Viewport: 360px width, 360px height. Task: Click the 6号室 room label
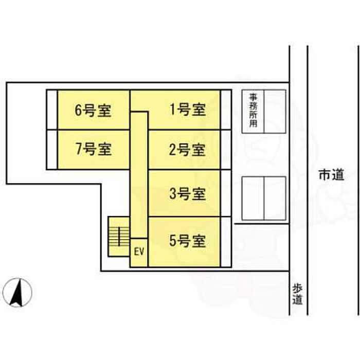(x=93, y=111)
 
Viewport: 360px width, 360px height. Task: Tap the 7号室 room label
(x=94, y=149)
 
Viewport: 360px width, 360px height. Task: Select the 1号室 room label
(x=188, y=109)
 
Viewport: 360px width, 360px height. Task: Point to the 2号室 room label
(x=187, y=150)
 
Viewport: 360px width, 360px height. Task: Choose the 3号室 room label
(x=187, y=194)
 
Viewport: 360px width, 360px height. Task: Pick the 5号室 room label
(x=187, y=241)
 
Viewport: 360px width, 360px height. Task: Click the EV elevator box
(x=139, y=253)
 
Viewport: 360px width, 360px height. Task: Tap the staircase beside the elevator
(x=119, y=236)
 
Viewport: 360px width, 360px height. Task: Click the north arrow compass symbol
(x=17, y=293)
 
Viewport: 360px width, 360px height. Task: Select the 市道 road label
(x=331, y=175)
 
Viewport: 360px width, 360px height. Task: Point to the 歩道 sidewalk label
(x=297, y=295)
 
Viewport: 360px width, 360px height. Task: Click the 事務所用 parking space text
(x=253, y=111)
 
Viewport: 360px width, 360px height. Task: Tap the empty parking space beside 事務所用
(x=275, y=112)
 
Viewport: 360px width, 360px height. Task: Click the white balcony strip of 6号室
(x=52, y=110)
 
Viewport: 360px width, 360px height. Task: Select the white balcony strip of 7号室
(x=52, y=150)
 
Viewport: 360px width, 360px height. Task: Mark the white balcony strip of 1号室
(x=226, y=110)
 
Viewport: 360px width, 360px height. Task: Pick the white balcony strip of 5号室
(x=226, y=242)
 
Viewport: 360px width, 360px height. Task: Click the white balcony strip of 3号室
(x=226, y=193)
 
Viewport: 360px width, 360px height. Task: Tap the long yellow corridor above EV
(x=139, y=175)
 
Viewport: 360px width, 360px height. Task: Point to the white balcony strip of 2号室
(x=226, y=150)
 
